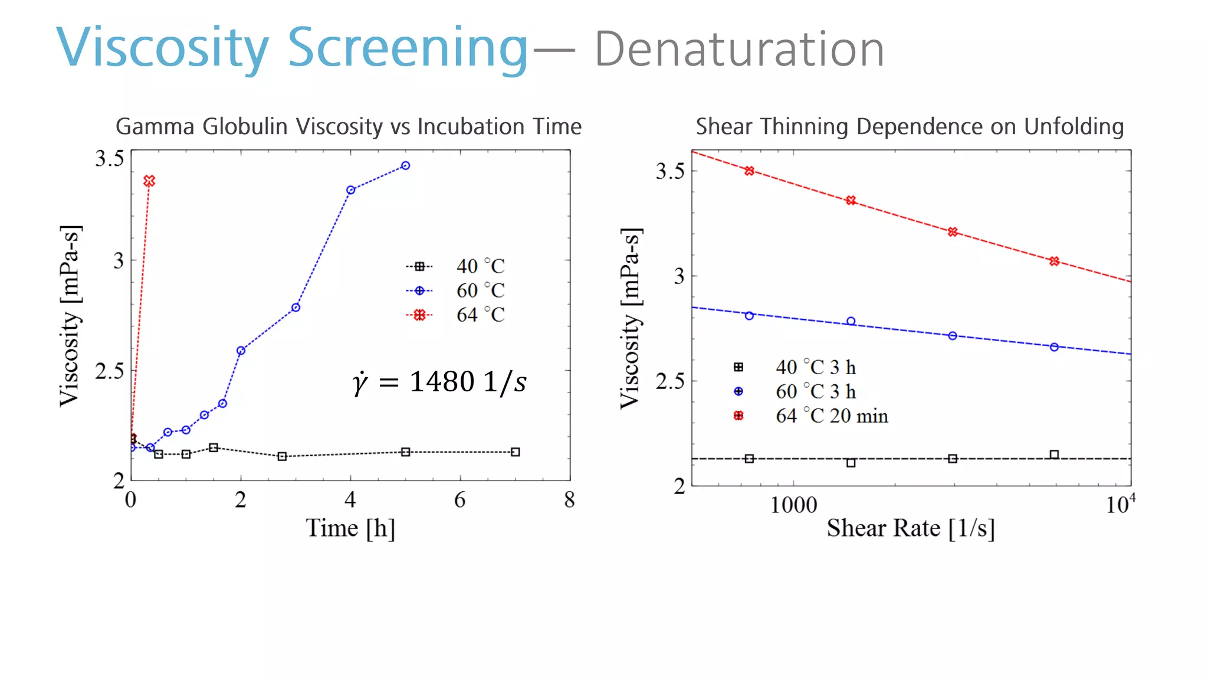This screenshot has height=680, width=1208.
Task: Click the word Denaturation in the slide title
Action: (739, 50)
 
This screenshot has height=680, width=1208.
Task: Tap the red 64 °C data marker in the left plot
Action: (149, 181)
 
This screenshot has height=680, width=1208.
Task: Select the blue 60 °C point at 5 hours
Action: (405, 166)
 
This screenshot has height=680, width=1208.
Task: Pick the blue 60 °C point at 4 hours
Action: (350, 190)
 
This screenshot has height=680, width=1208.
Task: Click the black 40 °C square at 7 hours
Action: (515, 452)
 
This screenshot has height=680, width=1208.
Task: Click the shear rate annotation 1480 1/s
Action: (439, 382)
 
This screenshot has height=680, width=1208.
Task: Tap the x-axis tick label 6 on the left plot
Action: (459, 501)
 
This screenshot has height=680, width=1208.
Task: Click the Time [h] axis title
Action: (350, 528)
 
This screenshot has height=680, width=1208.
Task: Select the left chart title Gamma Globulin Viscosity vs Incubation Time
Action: (349, 126)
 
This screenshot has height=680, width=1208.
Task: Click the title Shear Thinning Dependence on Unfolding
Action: (910, 126)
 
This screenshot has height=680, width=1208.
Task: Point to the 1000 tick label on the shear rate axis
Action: (793, 505)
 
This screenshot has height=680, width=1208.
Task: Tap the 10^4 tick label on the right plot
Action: (1120, 505)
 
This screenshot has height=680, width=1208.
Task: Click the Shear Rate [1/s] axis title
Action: (910, 528)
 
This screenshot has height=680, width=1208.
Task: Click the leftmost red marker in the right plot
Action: (749, 171)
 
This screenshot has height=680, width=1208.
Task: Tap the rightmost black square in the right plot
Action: (1054, 455)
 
